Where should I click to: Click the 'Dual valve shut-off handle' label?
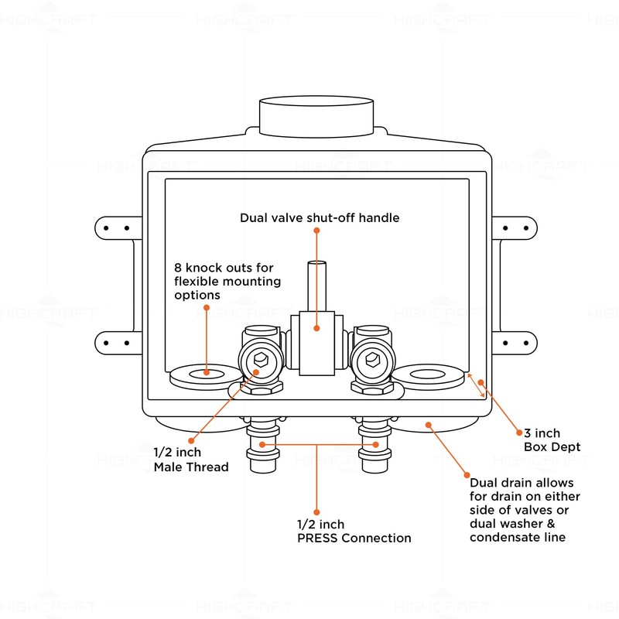coord(319,218)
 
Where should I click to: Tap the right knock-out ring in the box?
coord(426,375)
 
